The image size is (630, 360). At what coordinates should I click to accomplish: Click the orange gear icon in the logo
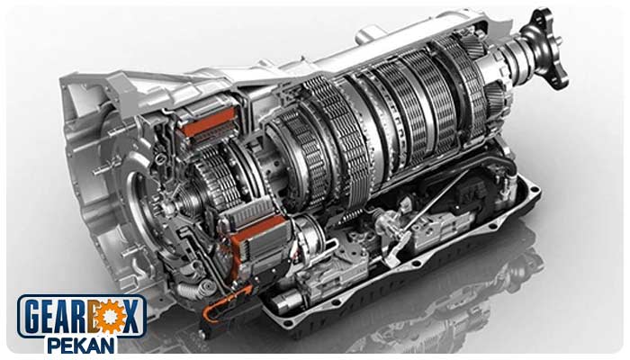tap(108, 317)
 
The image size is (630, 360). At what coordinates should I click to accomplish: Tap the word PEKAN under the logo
tap(81, 346)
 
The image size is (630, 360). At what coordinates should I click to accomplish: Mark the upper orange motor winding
tap(206, 121)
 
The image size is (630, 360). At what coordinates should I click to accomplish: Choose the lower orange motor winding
tap(257, 240)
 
